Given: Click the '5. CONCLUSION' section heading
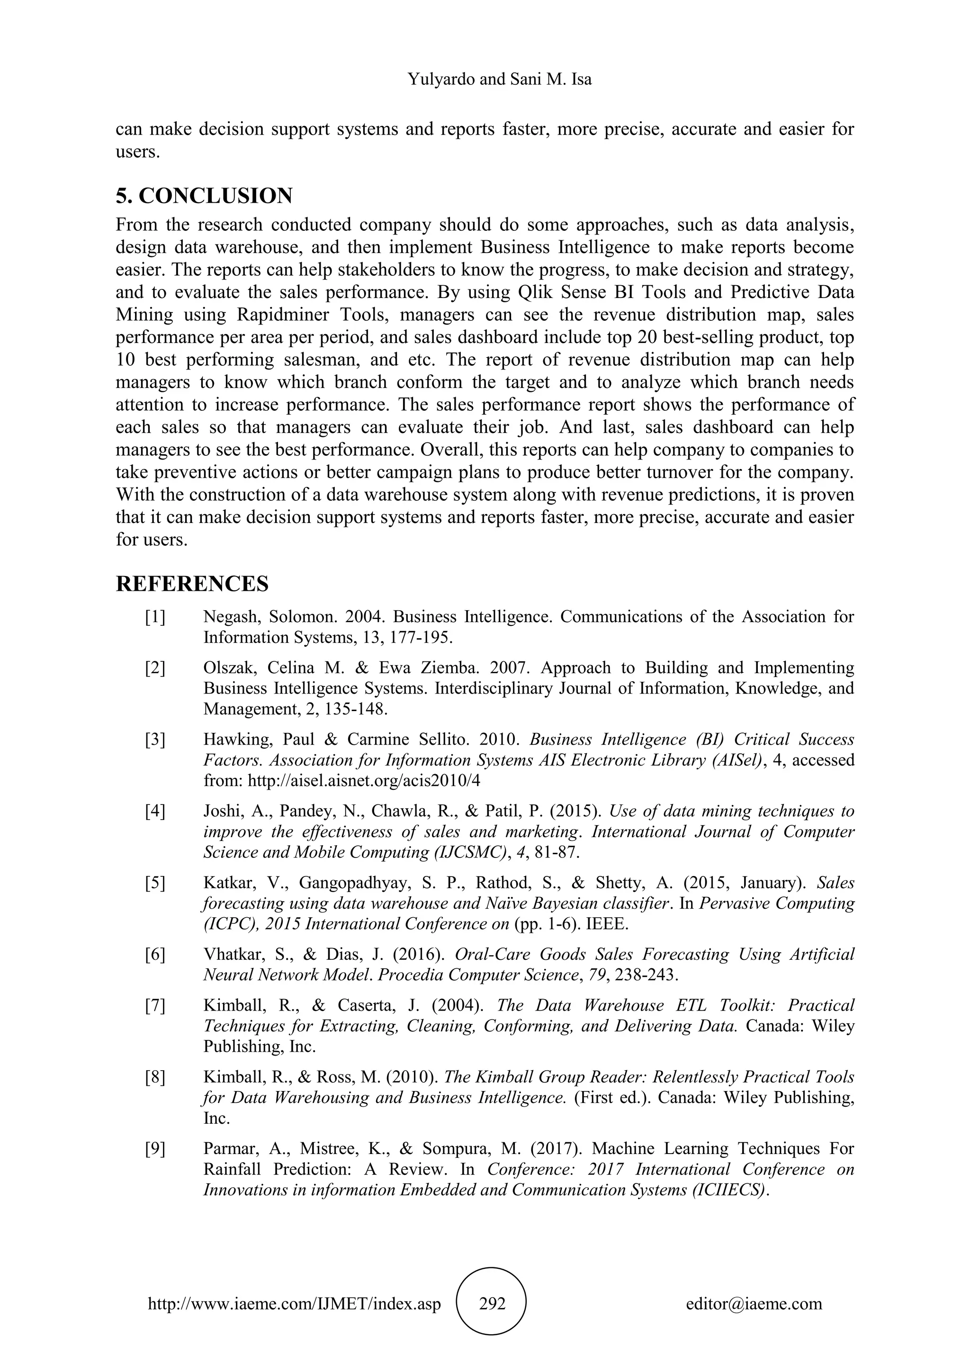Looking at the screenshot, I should pos(204,196).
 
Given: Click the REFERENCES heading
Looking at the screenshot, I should pos(192,584).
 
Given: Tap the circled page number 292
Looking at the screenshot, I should pos(492,1303).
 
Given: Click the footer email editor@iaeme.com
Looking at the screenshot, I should pos(754,1303).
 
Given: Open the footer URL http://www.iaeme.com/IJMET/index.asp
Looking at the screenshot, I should pos(294,1303).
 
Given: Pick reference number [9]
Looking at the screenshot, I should pos(155,1148).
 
